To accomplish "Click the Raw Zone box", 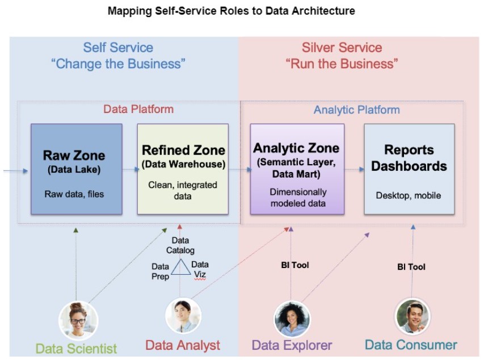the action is coord(76,169).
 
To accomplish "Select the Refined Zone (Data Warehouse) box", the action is coord(183,169).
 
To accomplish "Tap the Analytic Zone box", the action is coord(297,169).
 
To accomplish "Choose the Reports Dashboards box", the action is coord(409,169).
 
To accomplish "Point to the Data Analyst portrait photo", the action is coord(183,316).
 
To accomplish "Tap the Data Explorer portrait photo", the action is coord(292,319).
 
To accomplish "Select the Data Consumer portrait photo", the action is coord(411,316).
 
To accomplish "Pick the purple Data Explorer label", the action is coord(292,345).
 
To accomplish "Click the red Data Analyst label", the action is coord(183,345).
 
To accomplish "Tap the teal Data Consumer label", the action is coord(411,345).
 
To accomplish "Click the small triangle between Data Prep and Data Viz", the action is coord(182,267).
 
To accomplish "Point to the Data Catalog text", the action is coord(180,245).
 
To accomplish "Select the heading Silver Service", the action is coord(342,48).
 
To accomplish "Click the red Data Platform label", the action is coord(138,108).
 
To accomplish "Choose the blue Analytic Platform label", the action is coord(356,110).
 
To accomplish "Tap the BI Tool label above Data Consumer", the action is coord(411,266).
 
